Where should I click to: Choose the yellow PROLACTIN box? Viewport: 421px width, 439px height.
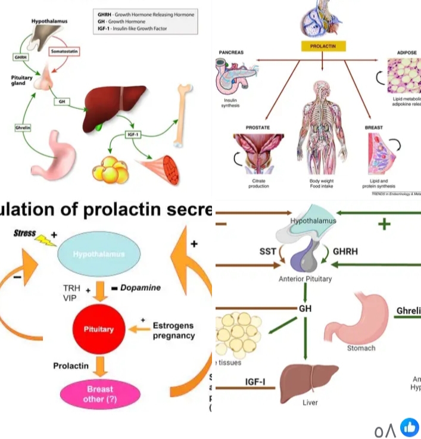(322, 46)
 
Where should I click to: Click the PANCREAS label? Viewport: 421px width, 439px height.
(232, 52)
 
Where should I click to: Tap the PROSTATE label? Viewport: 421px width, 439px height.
(258, 127)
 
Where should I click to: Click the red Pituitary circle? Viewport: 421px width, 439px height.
(98, 329)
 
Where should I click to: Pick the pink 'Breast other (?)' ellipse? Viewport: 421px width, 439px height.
(100, 394)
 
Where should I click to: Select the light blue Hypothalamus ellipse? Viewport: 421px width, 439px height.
(99, 254)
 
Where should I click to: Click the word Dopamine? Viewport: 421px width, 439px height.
(141, 288)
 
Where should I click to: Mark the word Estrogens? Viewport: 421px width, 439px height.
(173, 326)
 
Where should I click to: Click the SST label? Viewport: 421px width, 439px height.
(268, 251)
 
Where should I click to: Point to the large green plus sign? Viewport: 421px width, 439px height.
(385, 223)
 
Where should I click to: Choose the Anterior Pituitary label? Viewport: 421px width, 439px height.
(305, 279)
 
